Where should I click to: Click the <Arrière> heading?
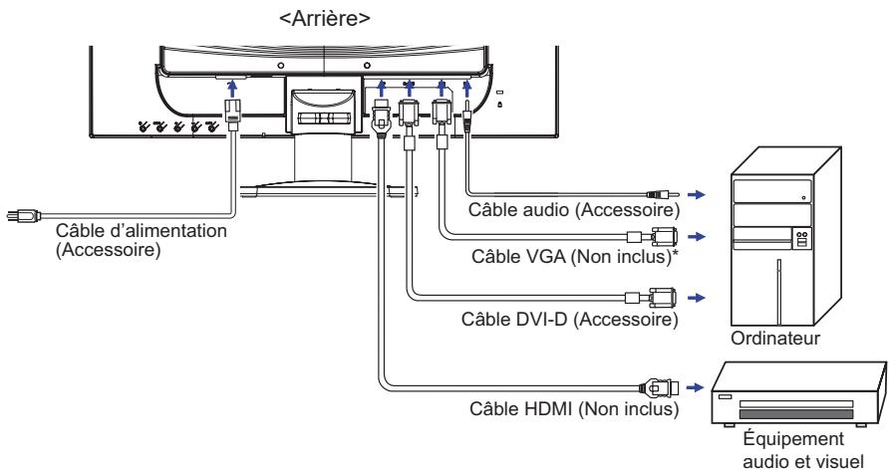[325, 18]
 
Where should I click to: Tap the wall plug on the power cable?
[23, 215]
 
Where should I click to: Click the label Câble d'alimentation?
[142, 231]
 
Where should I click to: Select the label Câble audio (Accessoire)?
[573, 210]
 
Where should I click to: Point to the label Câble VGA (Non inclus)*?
[574, 256]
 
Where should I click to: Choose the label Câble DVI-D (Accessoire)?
[570, 319]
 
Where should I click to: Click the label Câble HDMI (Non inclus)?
[574, 408]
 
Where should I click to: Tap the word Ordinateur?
[775, 339]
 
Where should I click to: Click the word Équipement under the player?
[793, 439]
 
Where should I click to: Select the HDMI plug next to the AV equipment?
[659, 388]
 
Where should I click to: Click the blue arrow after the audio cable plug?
[697, 194]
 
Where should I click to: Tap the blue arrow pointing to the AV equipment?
[695, 387]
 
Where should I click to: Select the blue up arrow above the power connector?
[231, 89]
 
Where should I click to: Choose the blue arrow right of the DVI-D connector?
[697, 298]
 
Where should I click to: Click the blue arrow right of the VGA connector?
[697, 236]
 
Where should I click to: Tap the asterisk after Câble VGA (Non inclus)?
[674, 252]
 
